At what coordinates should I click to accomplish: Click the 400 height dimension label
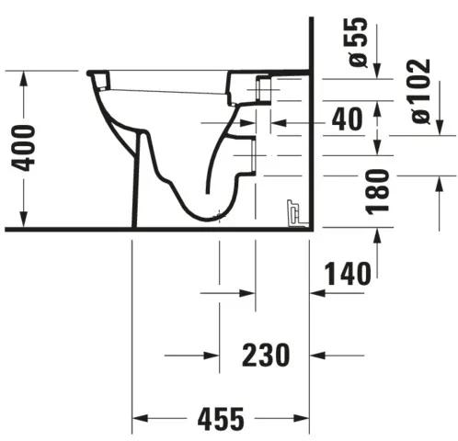[x=28, y=146]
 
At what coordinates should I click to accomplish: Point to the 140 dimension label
[x=347, y=273]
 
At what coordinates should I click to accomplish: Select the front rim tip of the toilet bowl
[x=90, y=73]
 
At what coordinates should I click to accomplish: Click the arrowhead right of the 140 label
[x=317, y=293]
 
